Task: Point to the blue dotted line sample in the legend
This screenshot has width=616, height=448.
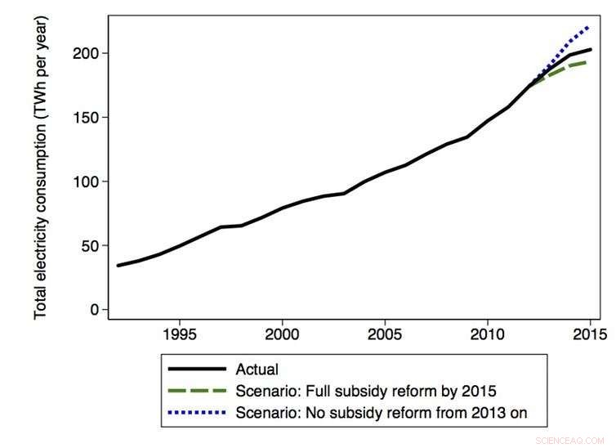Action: (x=195, y=414)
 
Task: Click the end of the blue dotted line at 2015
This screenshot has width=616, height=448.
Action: (x=590, y=27)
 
